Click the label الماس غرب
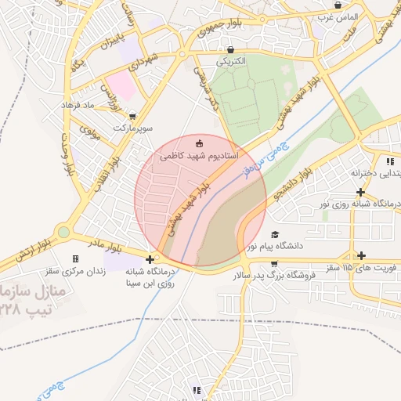pos(342,16)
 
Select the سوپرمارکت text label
pos(130,126)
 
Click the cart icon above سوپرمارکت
pos(132,114)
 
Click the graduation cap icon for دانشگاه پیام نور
pos(274,234)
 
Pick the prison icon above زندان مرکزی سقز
pos(75,258)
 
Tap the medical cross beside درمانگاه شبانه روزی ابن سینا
pos(150,258)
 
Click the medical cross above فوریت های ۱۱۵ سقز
pos(361,255)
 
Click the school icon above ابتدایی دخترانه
pos(389,161)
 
